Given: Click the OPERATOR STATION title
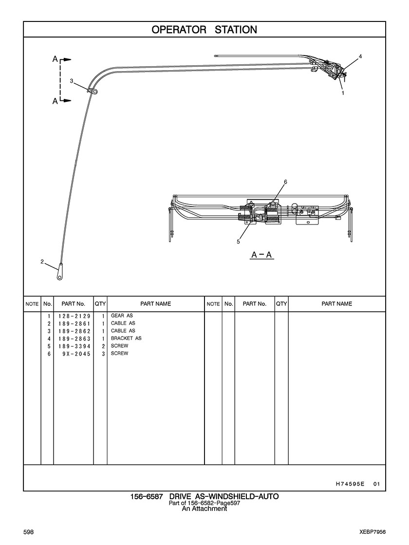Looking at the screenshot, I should pos(204,30).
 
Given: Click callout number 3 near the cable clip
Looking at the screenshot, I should pos(72,81).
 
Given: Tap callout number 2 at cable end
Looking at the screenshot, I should pos(42,262).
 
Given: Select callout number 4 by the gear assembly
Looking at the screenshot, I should pos(360,57).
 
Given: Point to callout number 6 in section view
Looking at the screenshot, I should pos(285,182).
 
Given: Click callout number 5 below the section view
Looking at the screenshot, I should pos(239,241).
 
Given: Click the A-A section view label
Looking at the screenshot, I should pos(261,255).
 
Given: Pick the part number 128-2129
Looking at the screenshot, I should pos(74,316).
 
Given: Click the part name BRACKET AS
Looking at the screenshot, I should pos(126,338).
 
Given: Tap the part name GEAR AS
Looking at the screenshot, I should pos(122,316).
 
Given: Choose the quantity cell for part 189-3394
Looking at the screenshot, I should pos(103,346).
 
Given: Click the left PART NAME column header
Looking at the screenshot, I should pos(155,304).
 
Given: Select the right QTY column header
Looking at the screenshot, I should pos(281,304).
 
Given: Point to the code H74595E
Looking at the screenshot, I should pos(350,484).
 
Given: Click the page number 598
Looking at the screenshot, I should pos(28,532).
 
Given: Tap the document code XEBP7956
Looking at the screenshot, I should pos(370,532).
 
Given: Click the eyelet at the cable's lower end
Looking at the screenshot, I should pos(59,276).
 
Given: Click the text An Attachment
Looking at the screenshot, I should pos(204,508).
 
